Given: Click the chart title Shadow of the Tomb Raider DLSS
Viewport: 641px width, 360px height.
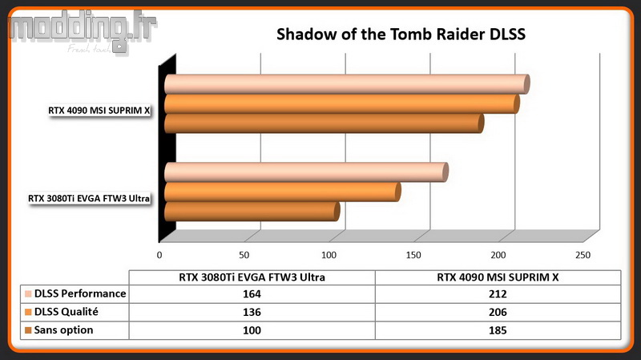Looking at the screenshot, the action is [x=401, y=34].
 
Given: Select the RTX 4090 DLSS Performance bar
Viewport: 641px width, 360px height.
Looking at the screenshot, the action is [x=347, y=84].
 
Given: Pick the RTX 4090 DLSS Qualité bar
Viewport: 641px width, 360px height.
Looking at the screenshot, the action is [x=342, y=104].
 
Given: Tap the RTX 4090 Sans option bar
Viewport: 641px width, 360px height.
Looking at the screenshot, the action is [x=325, y=123].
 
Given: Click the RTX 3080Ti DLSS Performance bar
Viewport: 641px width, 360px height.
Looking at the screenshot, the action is [x=306, y=172].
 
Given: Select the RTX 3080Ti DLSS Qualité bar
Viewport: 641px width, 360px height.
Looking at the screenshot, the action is [x=283, y=192].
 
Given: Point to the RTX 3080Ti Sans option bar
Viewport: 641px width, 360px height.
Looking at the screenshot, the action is [x=252, y=211].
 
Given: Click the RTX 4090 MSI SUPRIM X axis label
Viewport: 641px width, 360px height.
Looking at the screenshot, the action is [x=99, y=111].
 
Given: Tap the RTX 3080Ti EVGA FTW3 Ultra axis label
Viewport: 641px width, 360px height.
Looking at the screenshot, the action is [x=89, y=198].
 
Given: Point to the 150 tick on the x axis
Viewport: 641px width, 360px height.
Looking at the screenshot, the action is [x=413, y=255].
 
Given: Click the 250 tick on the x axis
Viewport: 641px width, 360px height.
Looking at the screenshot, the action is [x=583, y=255].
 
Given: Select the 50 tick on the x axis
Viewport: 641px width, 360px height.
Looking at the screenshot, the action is [x=244, y=255].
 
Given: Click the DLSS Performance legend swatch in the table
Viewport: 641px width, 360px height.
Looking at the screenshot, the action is [x=28, y=293].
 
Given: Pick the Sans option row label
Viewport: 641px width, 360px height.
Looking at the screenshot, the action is [x=63, y=330].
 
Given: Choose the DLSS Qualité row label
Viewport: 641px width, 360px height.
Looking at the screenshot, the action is [x=67, y=312].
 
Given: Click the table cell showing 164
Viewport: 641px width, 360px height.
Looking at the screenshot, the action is [x=252, y=294].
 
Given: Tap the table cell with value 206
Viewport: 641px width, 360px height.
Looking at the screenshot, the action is [x=498, y=312].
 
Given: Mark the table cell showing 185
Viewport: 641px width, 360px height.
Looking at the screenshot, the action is [x=498, y=330].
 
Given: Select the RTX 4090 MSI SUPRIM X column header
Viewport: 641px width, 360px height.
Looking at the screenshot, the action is [x=498, y=277].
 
